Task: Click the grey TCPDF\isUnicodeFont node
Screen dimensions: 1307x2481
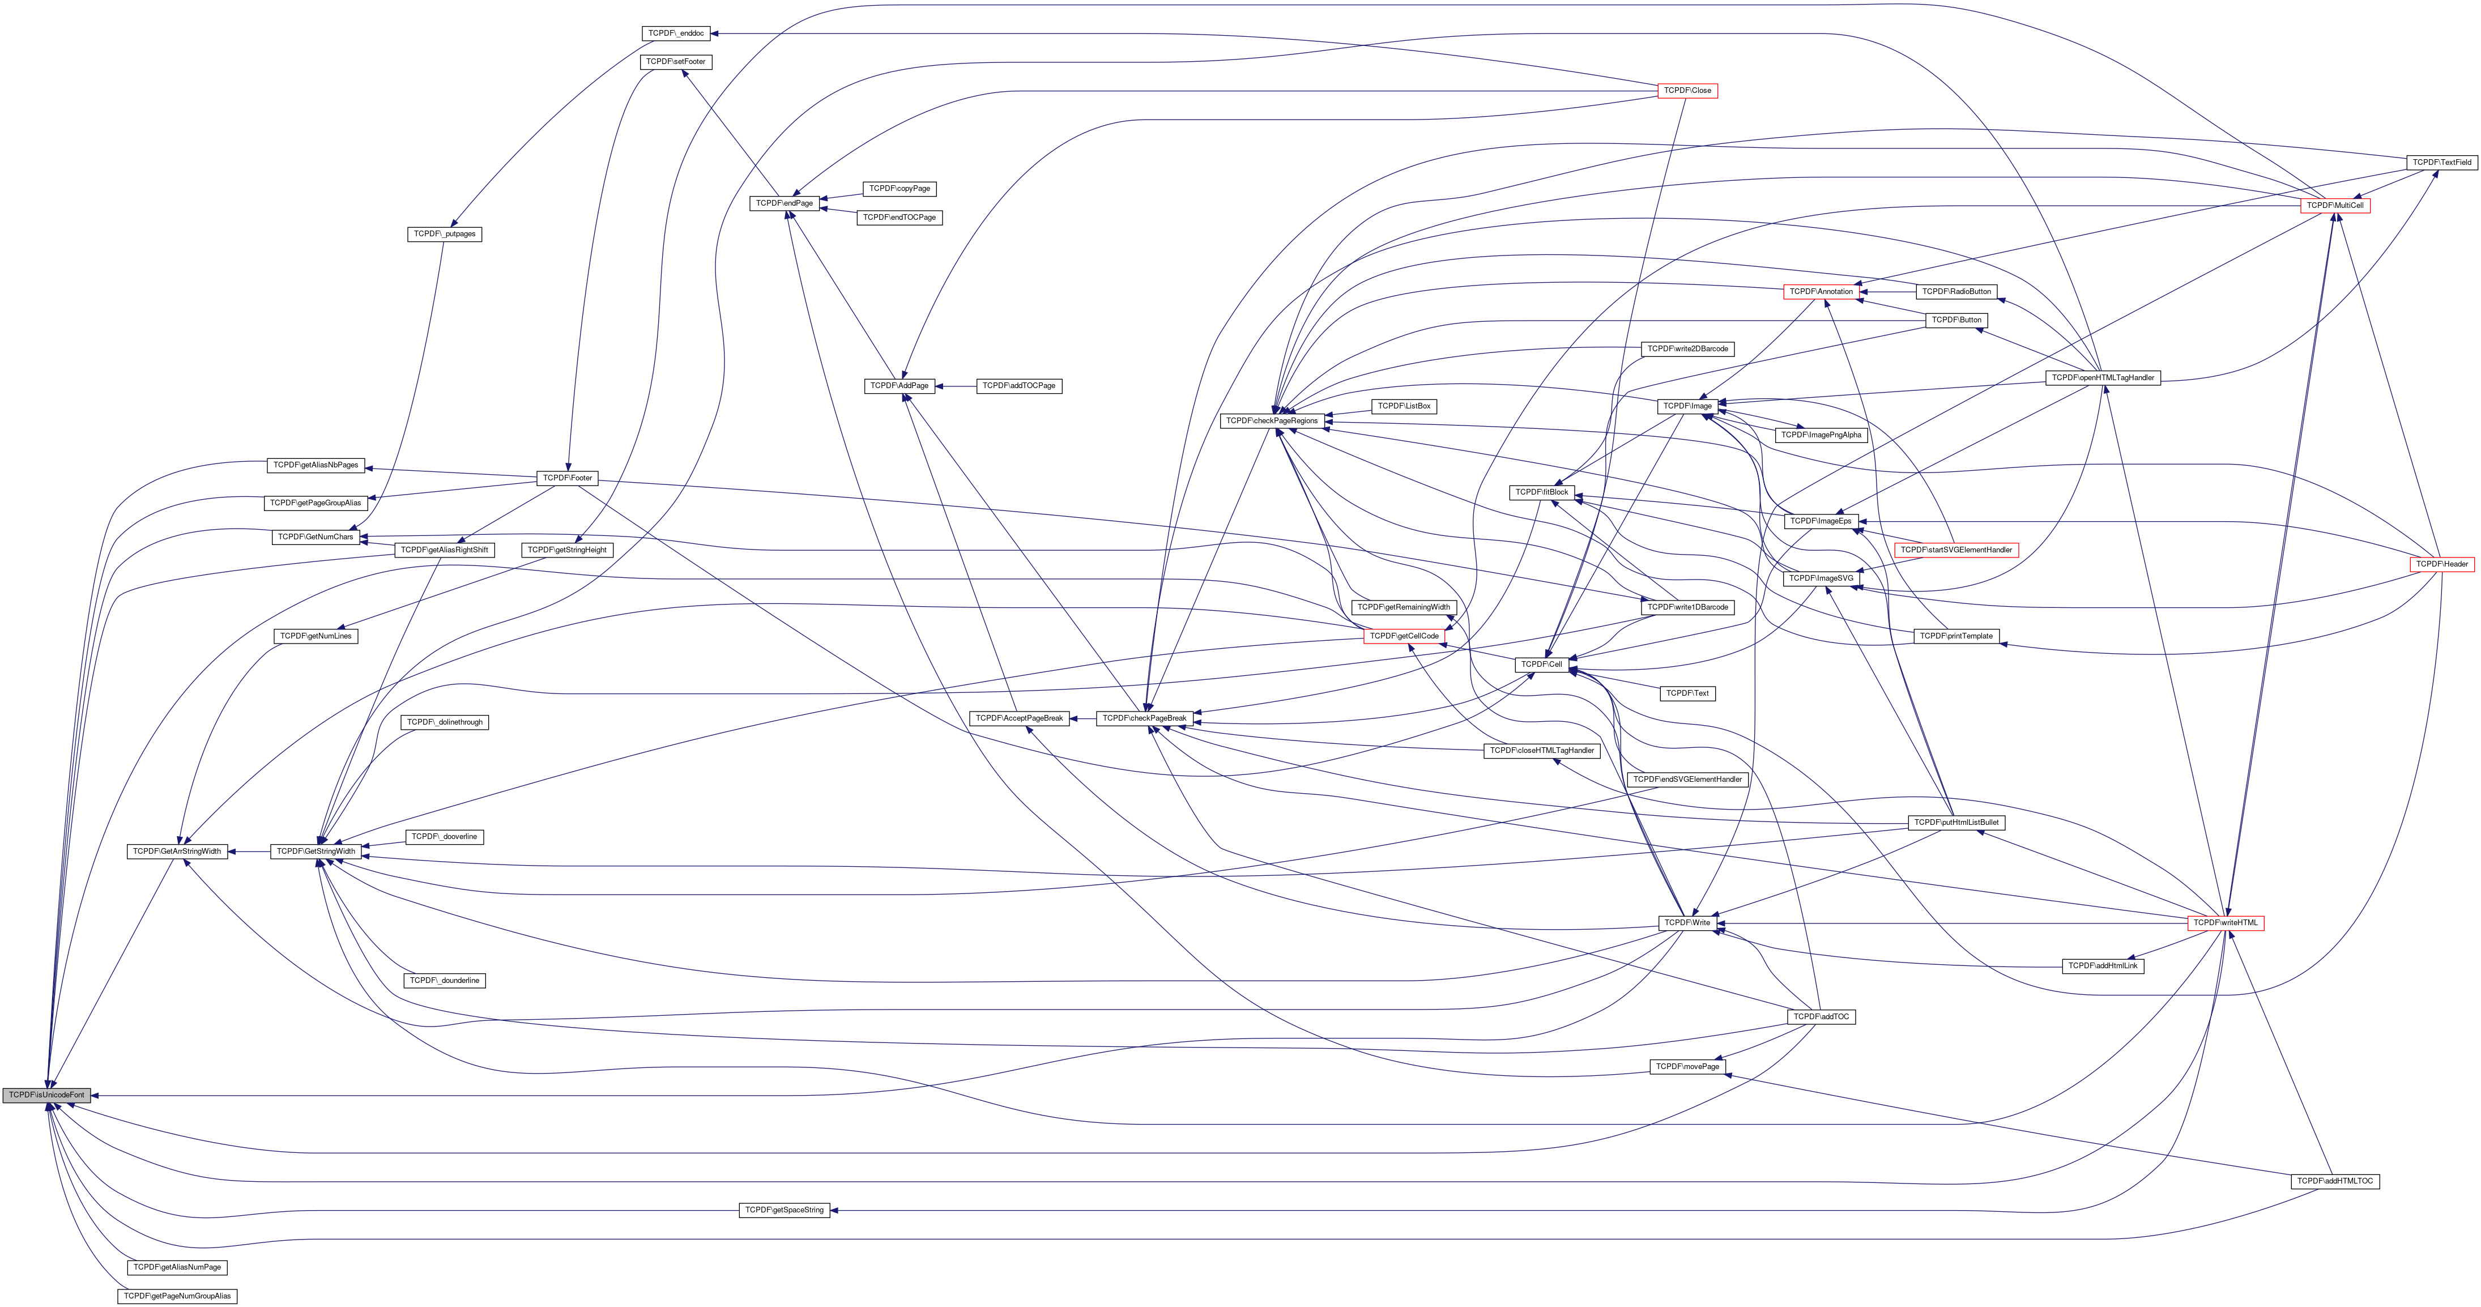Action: point(46,1095)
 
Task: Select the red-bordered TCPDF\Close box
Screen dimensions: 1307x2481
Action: point(1687,91)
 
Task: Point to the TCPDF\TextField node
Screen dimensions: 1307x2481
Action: point(2441,163)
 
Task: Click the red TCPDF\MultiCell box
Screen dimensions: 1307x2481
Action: point(2335,206)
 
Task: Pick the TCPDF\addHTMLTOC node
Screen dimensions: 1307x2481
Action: point(2335,1181)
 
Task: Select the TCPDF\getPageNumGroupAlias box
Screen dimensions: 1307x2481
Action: point(177,1296)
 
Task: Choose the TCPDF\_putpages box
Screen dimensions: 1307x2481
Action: point(444,234)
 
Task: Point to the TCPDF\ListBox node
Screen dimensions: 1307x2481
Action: point(1404,406)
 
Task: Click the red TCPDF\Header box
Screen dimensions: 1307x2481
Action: point(2441,564)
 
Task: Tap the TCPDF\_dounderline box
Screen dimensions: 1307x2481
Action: point(444,981)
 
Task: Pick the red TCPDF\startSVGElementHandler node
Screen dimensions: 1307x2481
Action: point(1956,550)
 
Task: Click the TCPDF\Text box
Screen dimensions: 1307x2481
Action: point(1687,693)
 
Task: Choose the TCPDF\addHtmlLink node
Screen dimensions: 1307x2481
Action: point(2103,966)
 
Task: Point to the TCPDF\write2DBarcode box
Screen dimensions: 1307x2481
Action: point(1687,348)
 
